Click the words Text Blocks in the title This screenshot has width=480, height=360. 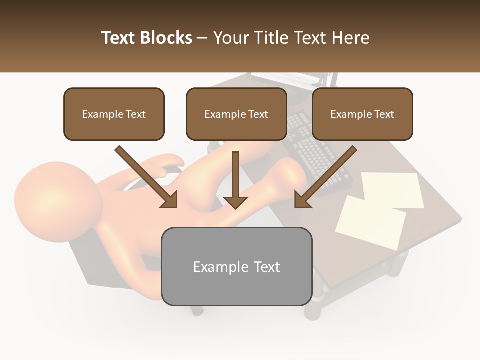[146, 38]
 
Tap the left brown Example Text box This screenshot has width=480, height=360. [114, 114]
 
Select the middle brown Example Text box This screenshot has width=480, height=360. [236, 114]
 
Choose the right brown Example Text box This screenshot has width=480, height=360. [362, 114]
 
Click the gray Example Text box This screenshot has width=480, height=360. [236, 266]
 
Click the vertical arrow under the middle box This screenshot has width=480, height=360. [235, 177]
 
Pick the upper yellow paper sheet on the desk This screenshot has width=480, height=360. [392, 189]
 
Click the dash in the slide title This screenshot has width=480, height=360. [202, 38]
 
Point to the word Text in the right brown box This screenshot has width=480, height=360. [384, 114]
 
